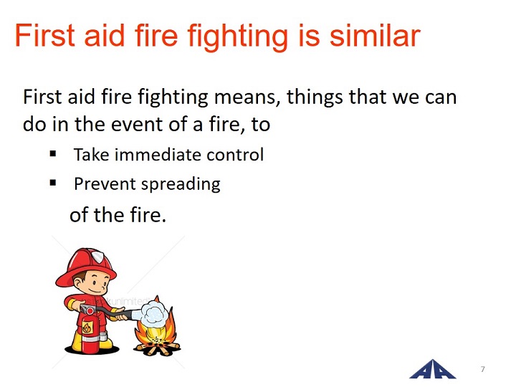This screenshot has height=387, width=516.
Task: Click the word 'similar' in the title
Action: click(x=375, y=36)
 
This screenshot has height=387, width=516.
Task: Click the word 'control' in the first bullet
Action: click(x=235, y=154)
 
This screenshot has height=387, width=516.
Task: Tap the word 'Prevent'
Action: click(x=105, y=183)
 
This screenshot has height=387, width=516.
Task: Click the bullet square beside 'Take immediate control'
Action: click(x=53, y=153)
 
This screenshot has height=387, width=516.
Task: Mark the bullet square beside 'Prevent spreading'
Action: click(x=53, y=183)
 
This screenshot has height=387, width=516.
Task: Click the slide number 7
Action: click(x=483, y=369)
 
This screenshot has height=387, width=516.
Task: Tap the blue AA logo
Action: click(x=433, y=370)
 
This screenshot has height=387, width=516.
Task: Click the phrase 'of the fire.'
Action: click(x=118, y=215)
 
